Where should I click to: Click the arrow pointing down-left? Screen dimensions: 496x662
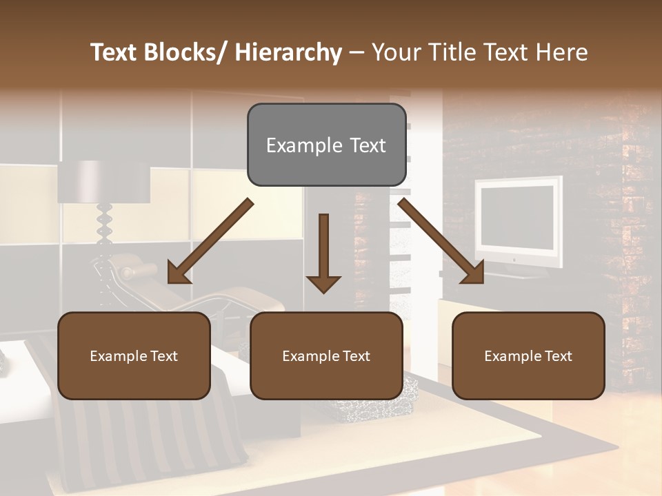coord(210,241)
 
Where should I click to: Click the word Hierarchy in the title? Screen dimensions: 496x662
coord(288,53)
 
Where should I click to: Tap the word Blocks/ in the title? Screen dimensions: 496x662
coord(185,53)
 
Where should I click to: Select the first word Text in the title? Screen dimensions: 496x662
coord(114,53)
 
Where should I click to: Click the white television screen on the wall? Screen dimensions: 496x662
coord(517,218)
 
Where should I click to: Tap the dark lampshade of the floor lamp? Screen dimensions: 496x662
coord(103,182)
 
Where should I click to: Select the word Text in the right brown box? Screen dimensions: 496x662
coord(557,356)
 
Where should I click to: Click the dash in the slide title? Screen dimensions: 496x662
coord(357,53)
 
